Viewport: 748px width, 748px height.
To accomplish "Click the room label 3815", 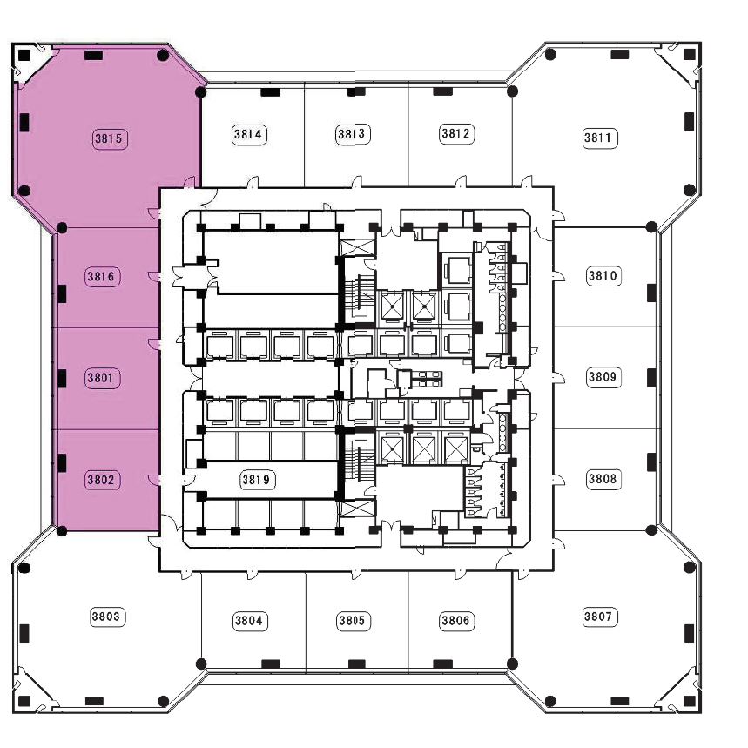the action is tap(109, 138).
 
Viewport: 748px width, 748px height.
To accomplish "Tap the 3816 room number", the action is tap(101, 277).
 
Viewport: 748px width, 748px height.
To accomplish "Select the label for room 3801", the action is tap(101, 378).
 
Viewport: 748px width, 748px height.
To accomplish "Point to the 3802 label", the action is tap(101, 480).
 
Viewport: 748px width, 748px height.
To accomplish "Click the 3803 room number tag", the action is tap(106, 617).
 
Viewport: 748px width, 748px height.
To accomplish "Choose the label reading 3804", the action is tap(249, 621).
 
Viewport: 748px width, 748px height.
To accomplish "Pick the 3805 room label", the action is tap(353, 621).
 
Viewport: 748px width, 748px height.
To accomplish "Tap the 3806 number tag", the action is tap(456, 621).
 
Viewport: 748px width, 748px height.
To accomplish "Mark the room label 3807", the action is tap(599, 617).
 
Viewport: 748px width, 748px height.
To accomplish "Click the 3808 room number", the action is tap(603, 479).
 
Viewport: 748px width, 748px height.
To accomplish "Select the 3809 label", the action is tap(603, 377).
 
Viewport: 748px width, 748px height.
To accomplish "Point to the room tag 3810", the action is tap(603, 276).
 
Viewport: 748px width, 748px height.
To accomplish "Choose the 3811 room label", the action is tap(599, 138).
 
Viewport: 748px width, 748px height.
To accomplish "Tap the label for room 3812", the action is tap(456, 133).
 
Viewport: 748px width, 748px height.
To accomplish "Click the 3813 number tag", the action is tap(353, 134).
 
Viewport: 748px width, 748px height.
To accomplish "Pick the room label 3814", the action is tap(249, 134).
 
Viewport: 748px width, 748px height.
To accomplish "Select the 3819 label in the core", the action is tap(257, 480).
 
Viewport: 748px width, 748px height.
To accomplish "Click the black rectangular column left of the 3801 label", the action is tap(62, 379).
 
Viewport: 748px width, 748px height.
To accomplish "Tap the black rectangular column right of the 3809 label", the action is tap(651, 378).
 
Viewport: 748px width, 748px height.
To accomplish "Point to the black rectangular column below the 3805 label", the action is tap(357, 664).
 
